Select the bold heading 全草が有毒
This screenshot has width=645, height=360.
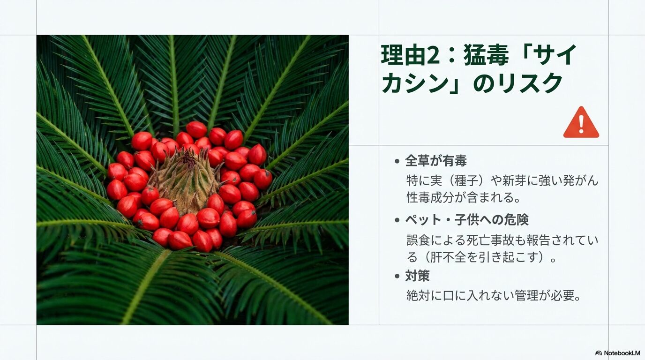(x=436, y=161)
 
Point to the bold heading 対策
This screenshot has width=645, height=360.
(x=417, y=276)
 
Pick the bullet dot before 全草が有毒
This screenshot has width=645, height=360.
(x=397, y=162)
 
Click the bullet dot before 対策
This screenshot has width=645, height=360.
(x=397, y=276)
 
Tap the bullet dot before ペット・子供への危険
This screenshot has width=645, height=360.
(x=397, y=220)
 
